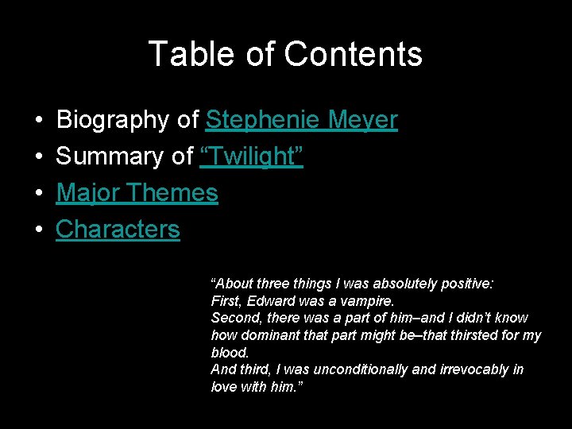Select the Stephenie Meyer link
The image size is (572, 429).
[x=301, y=120]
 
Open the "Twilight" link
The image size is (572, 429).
[x=252, y=157]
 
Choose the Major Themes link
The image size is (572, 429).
[x=137, y=193]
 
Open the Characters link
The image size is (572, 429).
[x=118, y=230]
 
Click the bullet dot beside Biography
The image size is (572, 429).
[x=38, y=122]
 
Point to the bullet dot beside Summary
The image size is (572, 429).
[x=38, y=158]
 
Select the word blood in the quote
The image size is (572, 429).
[x=229, y=352]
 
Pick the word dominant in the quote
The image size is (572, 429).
[x=269, y=335]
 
